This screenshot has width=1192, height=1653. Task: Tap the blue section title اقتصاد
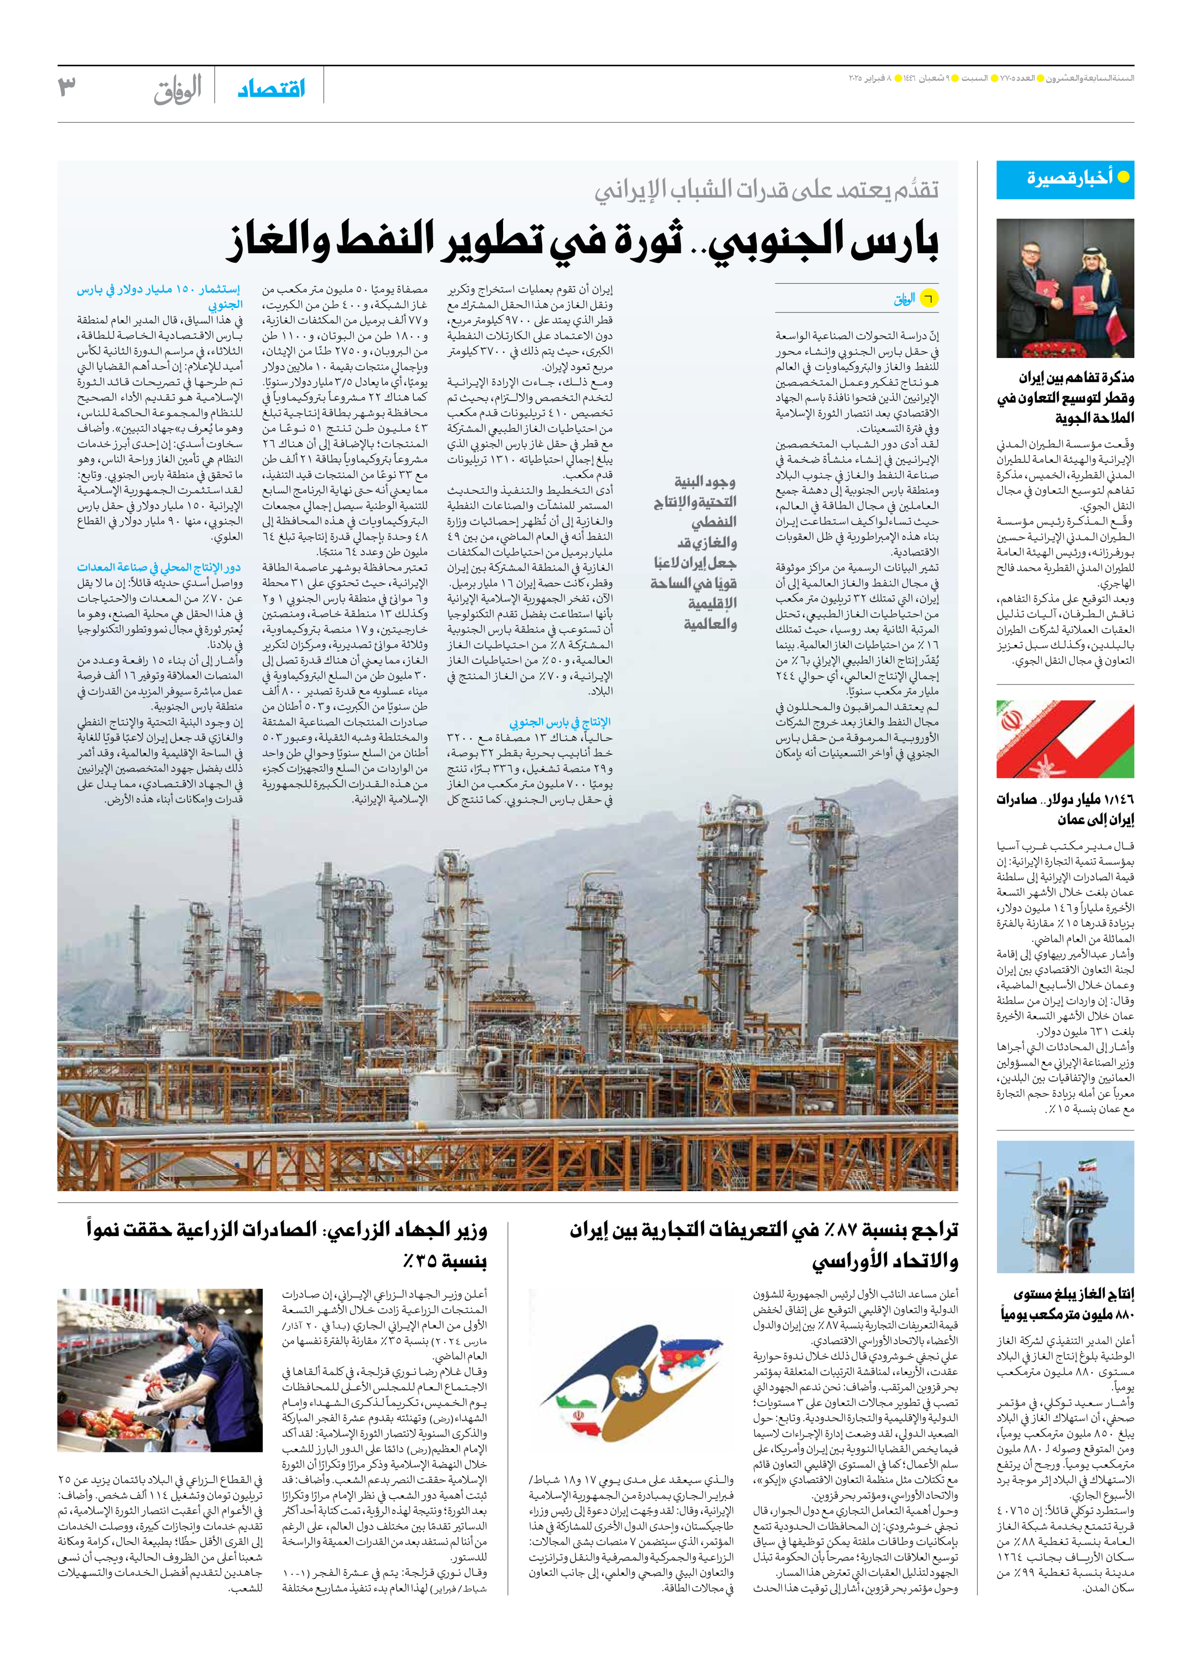pos(271,89)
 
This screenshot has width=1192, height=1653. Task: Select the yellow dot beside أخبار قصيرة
pos(1123,177)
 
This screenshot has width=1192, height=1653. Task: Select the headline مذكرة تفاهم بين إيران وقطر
pos(1065,397)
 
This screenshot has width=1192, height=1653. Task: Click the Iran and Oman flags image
pos(1065,740)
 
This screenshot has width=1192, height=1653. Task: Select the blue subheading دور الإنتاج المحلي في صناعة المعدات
pos(159,567)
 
